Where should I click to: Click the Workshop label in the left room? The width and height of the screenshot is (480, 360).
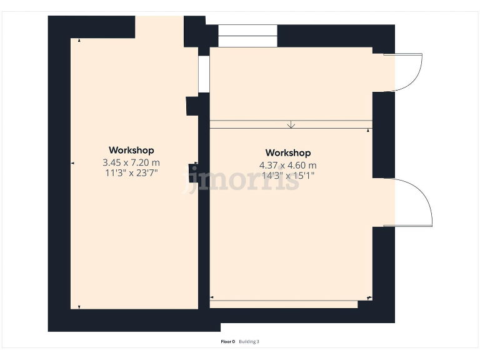(131, 150)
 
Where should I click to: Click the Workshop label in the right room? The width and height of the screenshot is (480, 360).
(288, 152)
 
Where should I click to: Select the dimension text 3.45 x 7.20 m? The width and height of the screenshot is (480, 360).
(131, 162)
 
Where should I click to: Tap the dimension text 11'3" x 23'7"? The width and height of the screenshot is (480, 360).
(131, 173)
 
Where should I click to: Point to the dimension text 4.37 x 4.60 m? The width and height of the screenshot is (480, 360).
(288, 166)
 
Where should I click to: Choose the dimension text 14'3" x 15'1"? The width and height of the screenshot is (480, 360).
(288, 176)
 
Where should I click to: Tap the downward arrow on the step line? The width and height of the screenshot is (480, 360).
(291, 124)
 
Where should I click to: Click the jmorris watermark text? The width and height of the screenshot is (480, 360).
(244, 181)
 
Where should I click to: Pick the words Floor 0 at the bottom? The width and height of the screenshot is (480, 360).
(227, 341)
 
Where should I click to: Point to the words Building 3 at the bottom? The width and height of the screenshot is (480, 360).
(249, 341)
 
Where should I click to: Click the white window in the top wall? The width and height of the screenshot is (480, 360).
(247, 36)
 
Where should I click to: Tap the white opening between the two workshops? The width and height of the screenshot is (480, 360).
(204, 74)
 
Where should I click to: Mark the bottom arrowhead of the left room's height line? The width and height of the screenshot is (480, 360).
(79, 306)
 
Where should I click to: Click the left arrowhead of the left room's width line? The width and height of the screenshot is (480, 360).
(72, 163)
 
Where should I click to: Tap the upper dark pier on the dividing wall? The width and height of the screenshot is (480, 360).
(193, 106)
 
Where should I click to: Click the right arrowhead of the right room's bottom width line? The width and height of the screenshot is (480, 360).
(369, 298)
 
